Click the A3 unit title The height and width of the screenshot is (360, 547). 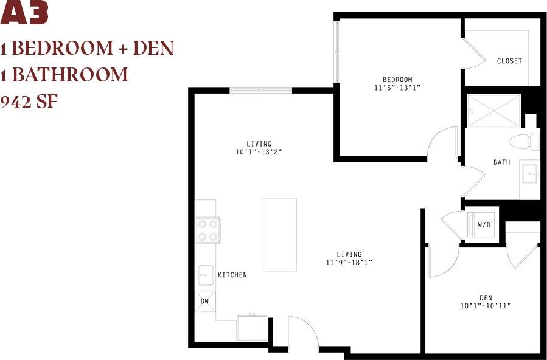pyautogui.click(x=24, y=13)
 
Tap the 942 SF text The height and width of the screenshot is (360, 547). pyautogui.click(x=29, y=102)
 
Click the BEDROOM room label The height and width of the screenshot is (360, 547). pyautogui.click(x=397, y=80)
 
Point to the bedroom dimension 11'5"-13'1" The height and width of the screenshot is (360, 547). pyautogui.click(x=397, y=88)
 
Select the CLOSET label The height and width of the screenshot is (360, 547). pyautogui.click(x=509, y=61)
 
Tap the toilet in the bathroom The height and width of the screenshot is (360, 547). pyautogui.click(x=524, y=142)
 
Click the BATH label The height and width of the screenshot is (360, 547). pyautogui.click(x=501, y=162)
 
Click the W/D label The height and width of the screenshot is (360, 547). pyautogui.click(x=484, y=225)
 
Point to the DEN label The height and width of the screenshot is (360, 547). pyautogui.click(x=486, y=297)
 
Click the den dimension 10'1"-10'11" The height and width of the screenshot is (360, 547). pyautogui.click(x=486, y=306)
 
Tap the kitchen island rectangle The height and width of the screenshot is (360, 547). pyautogui.click(x=279, y=235)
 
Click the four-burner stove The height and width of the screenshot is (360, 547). pyautogui.click(x=207, y=230)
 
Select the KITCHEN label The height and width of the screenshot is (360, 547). pyautogui.click(x=232, y=275)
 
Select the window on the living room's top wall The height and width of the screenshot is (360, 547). pyautogui.click(x=260, y=91)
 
